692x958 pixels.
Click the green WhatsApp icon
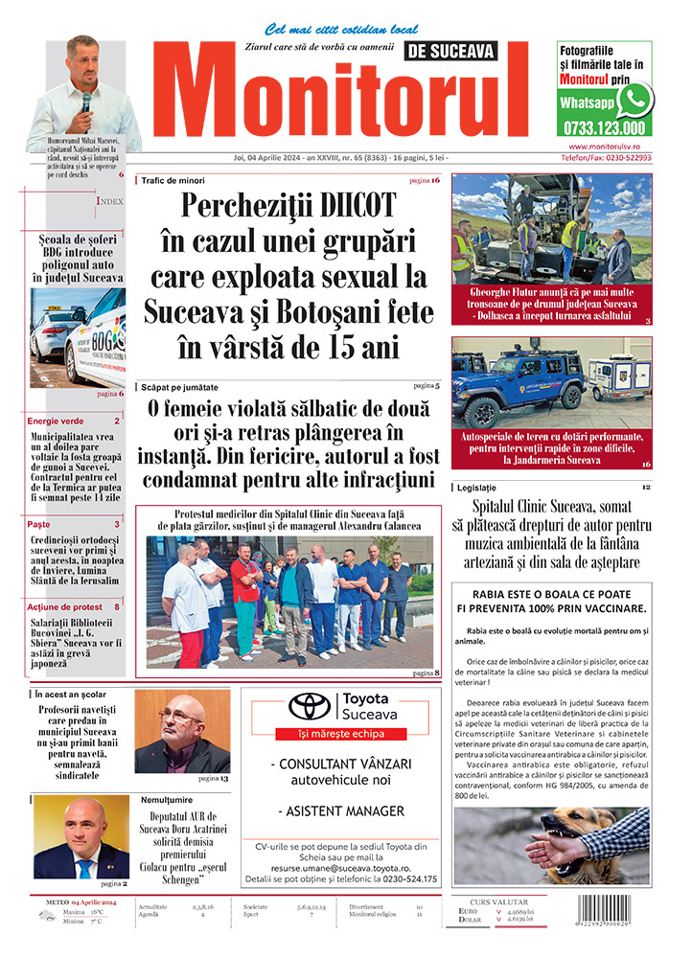(x=634, y=99)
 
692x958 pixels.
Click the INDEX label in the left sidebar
(x=109, y=202)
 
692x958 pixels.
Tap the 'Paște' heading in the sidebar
(x=39, y=524)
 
